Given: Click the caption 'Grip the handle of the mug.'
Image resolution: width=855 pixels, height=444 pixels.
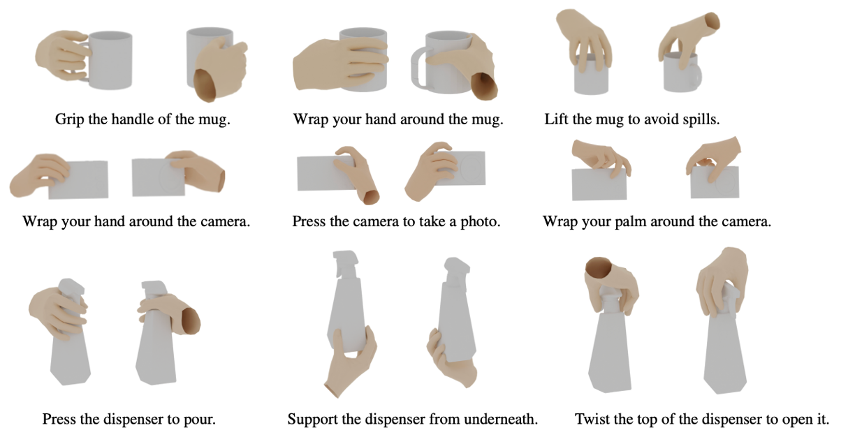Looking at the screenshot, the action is tap(142, 119).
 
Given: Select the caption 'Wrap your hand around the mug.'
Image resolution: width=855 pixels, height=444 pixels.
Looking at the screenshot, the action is tap(398, 119).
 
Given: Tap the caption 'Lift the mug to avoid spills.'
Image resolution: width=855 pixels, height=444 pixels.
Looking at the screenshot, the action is tap(632, 119).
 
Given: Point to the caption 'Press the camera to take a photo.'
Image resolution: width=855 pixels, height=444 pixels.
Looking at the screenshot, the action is tap(396, 221).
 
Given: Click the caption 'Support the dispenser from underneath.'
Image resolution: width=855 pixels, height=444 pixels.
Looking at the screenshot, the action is tap(413, 419).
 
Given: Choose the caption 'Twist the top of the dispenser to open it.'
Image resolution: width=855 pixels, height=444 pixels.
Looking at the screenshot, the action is tap(702, 419).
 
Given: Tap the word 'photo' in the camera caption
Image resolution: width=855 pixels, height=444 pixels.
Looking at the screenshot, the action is tap(478, 222).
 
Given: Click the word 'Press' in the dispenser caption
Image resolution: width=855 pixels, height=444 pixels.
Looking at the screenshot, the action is tap(59, 419).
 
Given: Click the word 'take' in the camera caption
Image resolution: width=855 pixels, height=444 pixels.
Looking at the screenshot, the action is tap(432, 221).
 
